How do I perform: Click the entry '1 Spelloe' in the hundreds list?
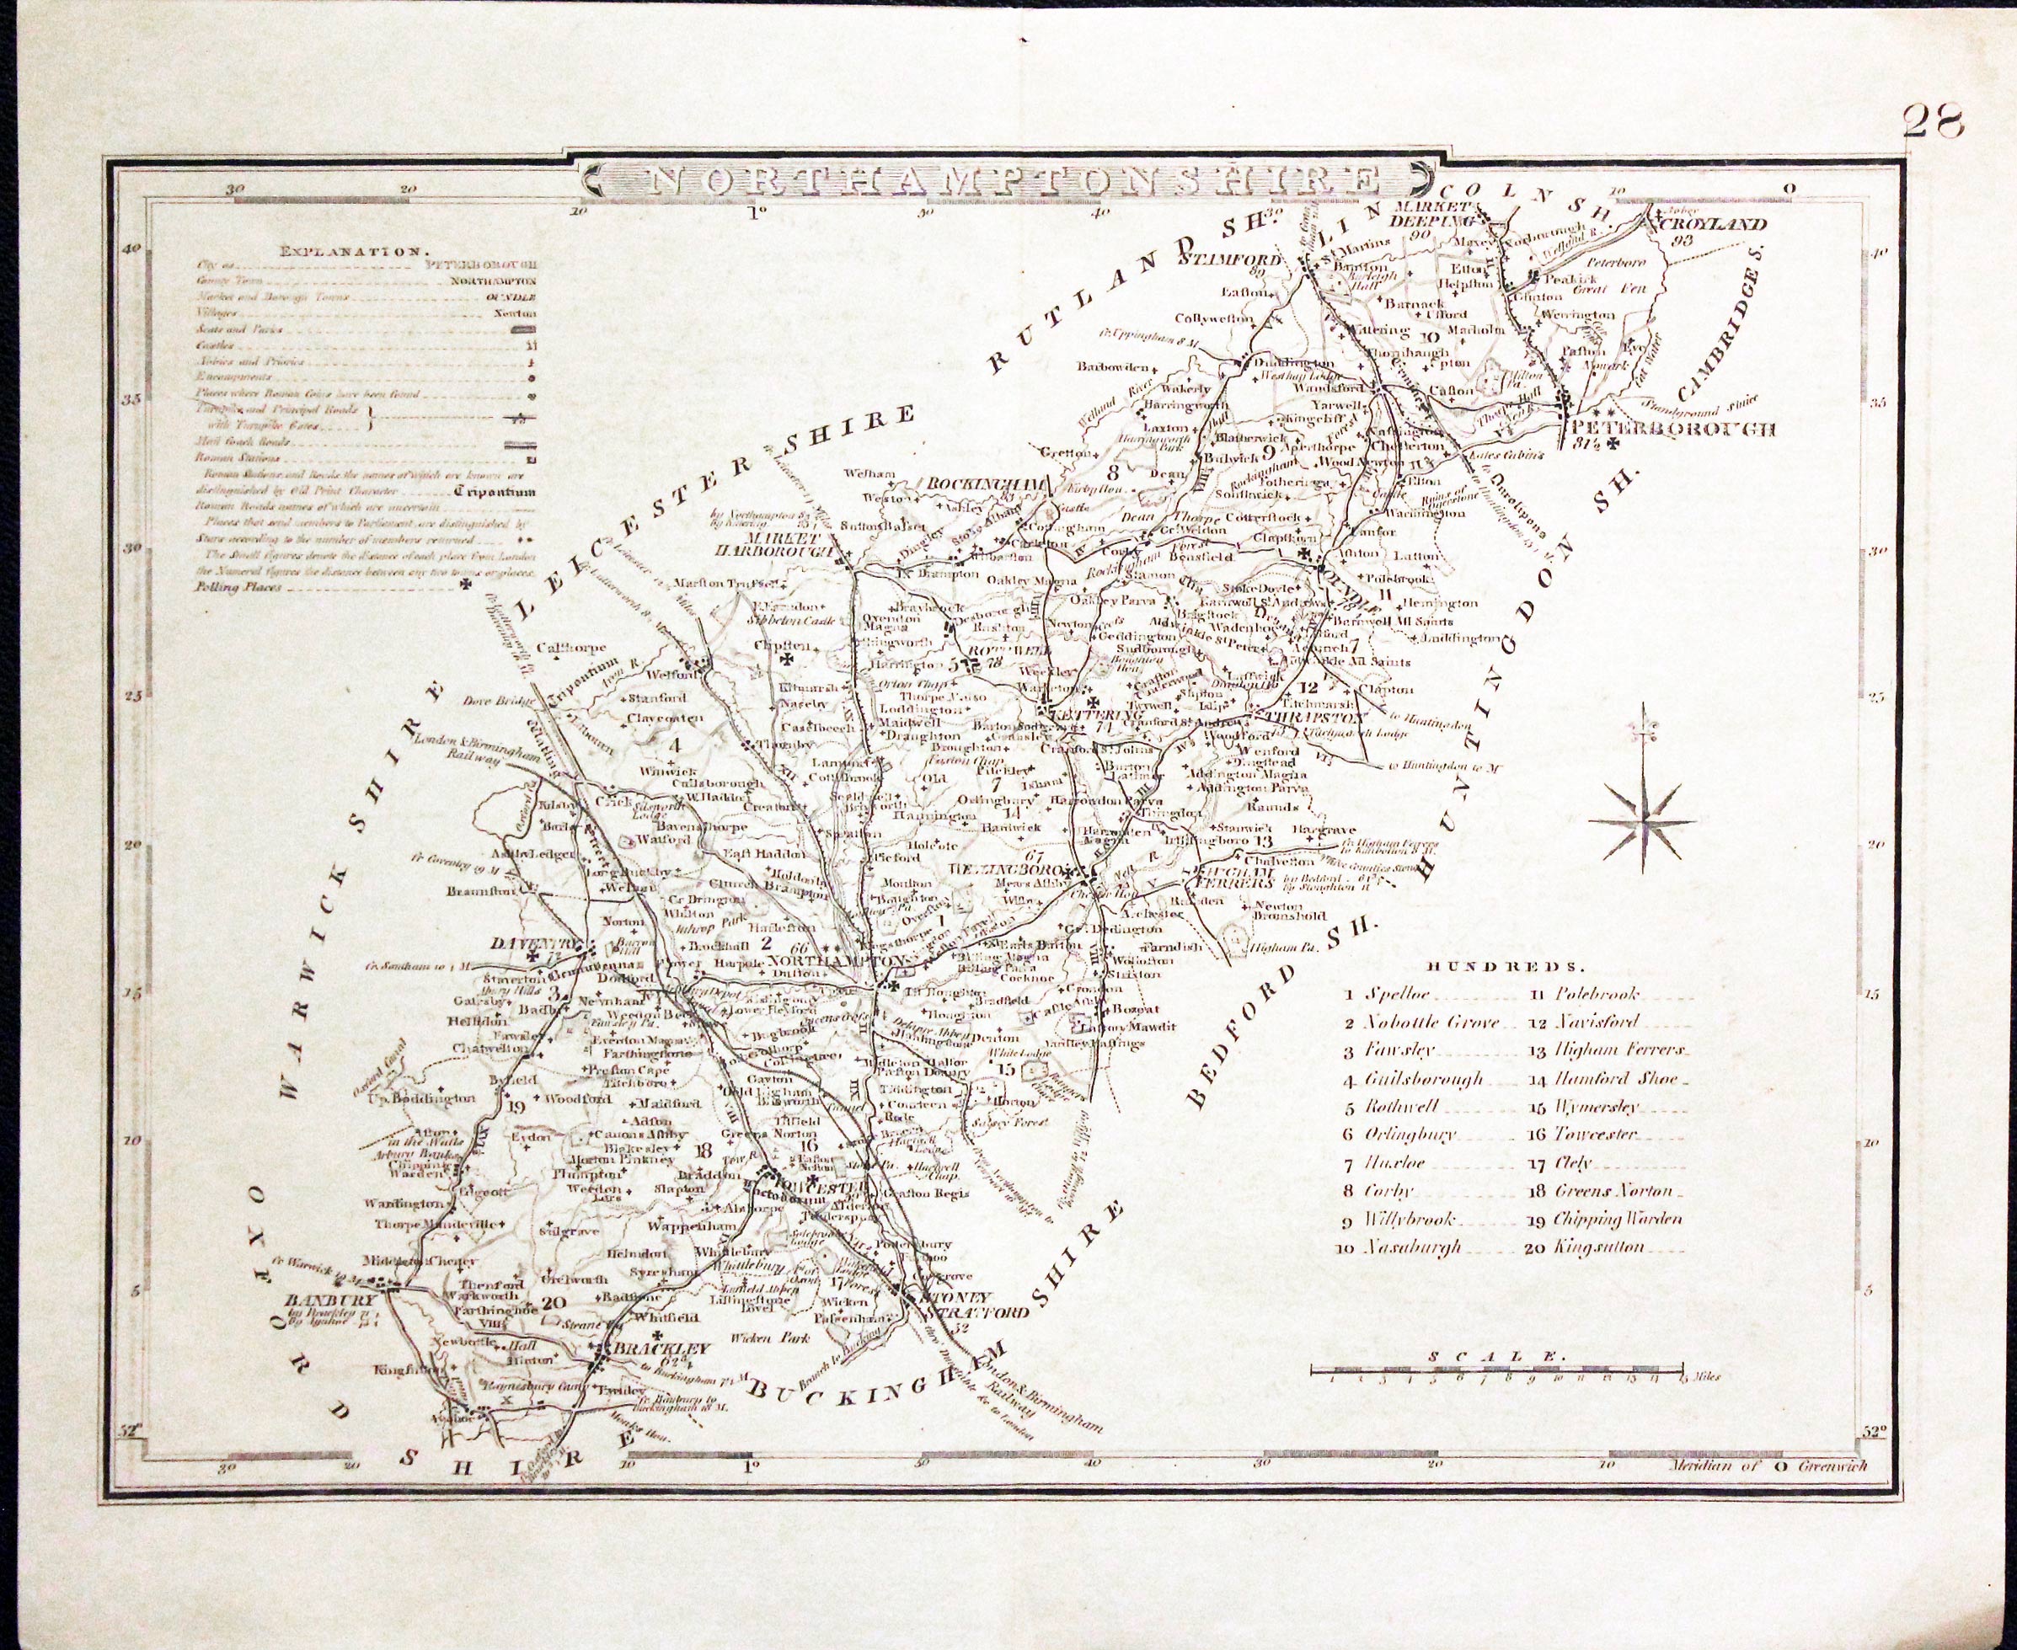click(1388, 994)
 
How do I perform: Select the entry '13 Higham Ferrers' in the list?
click(1616, 1050)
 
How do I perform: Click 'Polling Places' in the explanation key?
click(238, 587)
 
